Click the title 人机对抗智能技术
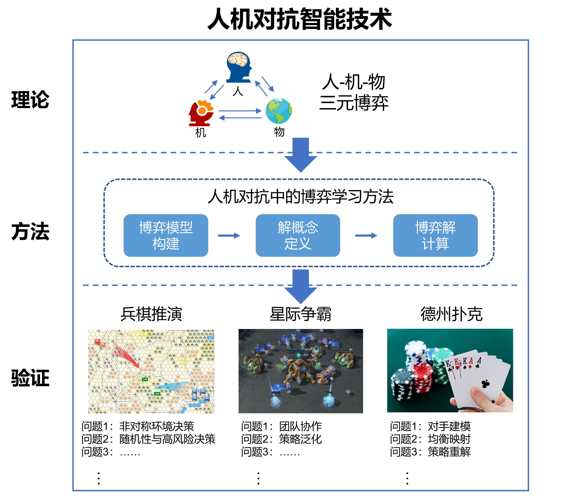[300, 19]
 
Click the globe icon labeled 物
[279, 111]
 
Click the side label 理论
[30, 100]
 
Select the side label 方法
[30, 232]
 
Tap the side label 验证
[30, 378]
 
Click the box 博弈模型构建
[166, 235]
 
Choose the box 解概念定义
[298, 235]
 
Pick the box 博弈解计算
[435, 235]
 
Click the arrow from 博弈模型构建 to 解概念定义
[229, 236]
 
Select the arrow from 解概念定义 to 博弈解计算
[366, 236]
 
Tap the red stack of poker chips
[422, 378]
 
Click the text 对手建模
[449, 426]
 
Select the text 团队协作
[300, 426]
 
